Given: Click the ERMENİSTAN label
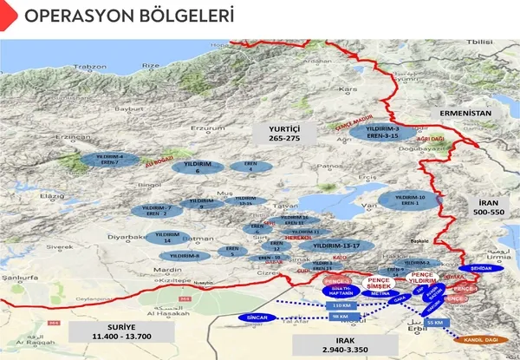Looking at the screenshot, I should tap(465, 113).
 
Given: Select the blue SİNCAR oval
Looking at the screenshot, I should tap(258, 317).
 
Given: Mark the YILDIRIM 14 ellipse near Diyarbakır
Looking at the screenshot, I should tap(166, 237).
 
